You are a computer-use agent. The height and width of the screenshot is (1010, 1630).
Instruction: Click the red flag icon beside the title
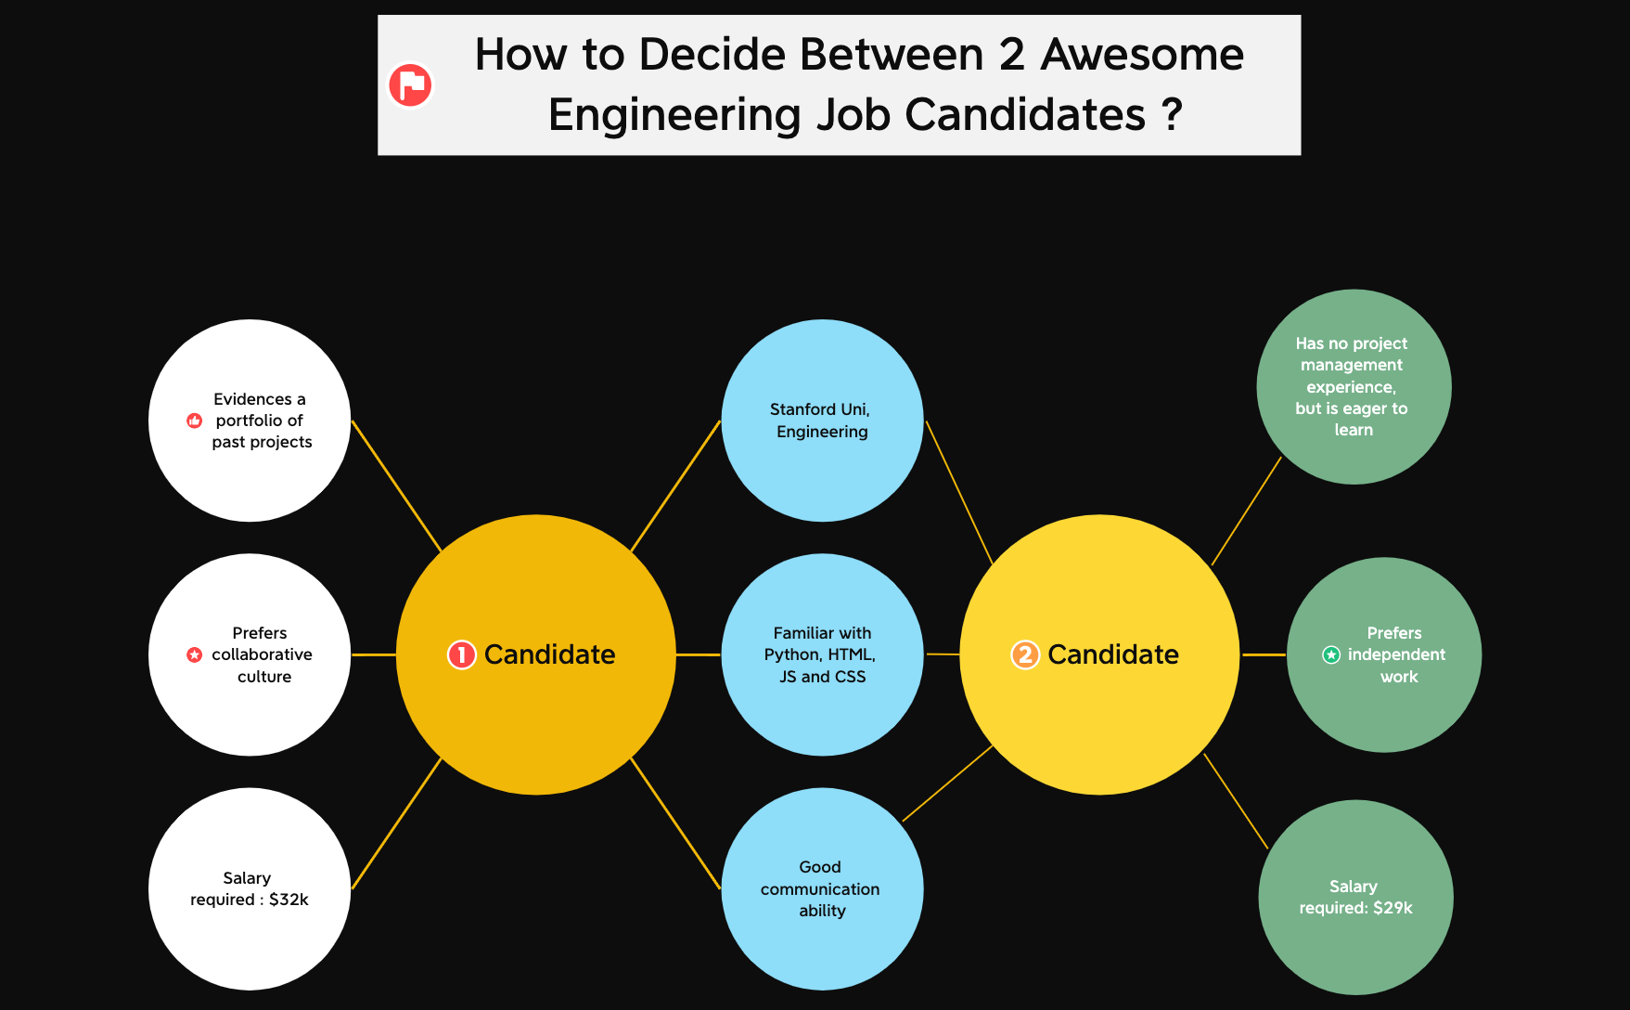410,85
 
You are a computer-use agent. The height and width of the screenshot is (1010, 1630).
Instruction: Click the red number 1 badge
461,654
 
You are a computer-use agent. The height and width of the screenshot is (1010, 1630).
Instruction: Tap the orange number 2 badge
1024,654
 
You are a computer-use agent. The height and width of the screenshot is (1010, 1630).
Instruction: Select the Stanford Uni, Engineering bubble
822,420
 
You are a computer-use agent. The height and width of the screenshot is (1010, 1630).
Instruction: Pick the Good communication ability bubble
822,888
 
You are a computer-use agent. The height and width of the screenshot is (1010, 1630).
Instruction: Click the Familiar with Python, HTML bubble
822,654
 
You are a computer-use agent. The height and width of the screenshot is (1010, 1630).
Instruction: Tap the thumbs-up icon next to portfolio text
195,421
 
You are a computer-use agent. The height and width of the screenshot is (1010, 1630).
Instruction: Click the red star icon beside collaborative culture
195,654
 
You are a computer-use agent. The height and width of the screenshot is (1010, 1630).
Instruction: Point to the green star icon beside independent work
1331,654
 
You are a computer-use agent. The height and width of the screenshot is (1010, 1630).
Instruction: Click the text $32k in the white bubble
289,900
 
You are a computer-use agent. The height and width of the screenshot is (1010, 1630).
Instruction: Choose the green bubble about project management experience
1354,386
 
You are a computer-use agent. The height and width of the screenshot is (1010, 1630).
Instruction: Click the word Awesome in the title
1142,55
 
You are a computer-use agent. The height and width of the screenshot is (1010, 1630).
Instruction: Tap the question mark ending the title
1172,115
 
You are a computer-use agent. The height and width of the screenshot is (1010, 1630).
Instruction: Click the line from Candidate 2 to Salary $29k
1236,801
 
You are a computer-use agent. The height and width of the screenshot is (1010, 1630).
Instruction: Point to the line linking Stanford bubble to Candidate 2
959,493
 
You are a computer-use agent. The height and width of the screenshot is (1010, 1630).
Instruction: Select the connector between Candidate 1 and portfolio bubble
396,486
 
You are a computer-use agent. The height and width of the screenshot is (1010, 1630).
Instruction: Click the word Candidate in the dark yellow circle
549,654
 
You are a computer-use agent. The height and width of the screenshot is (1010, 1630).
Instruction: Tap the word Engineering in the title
674,115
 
